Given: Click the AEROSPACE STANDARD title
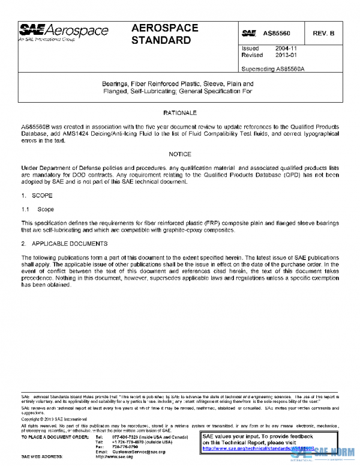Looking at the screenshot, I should pos(161,34).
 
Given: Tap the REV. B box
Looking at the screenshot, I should pos(323,33).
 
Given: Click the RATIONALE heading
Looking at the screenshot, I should pos(180,113).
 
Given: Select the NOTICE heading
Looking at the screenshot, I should pos(180,154).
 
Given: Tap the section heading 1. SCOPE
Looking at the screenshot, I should pos(37,196).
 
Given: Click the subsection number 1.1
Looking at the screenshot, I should pos(25,210).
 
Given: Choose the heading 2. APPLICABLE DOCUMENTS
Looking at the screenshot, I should pos(64,244).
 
